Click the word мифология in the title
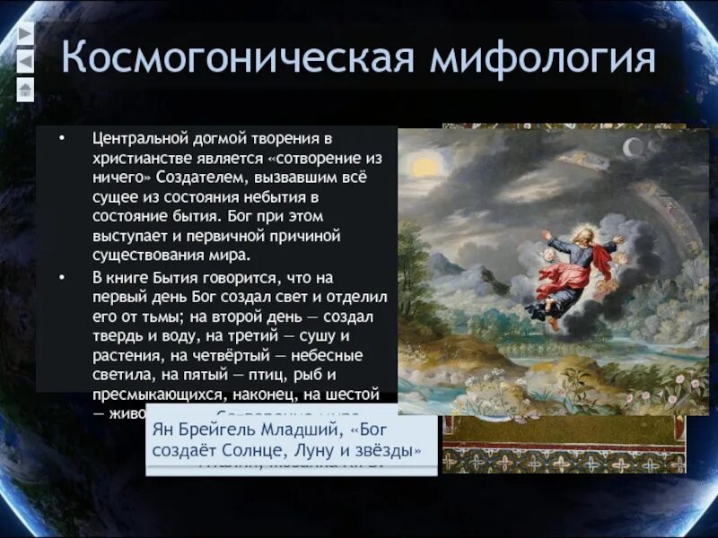[543, 59]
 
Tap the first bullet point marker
[62, 140]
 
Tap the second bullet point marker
[62, 279]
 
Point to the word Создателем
[214, 178]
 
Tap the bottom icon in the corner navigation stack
[25, 88]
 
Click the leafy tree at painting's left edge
[415, 260]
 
